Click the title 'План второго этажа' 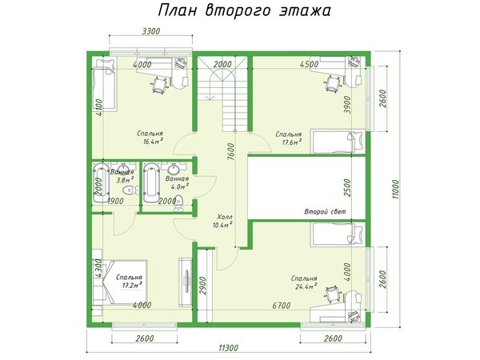point(244,11)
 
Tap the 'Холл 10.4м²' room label point(223,221)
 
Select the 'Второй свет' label point(325,211)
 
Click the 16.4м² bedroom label point(150,137)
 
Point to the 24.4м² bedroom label point(304,282)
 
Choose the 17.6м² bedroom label point(288,138)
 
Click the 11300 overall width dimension point(228,348)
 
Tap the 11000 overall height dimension point(396,189)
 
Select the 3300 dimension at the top point(151,31)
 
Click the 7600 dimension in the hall point(231,152)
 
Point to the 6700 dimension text point(282,306)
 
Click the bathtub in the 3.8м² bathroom point(101,182)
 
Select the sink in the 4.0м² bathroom point(174,168)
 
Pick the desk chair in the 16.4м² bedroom point(160,85)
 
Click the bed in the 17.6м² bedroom point(338,142)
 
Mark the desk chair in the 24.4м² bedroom point(333,294)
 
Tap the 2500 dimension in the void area point(348,188)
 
